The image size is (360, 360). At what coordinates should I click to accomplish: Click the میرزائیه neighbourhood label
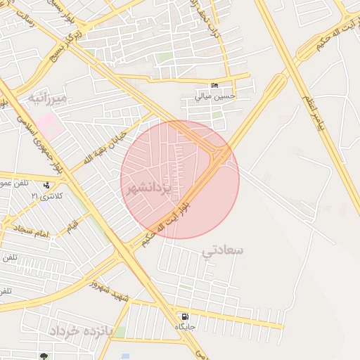pyautogui.click(x=48, y=98)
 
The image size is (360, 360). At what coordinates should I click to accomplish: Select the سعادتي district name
pyautogui.click(x=223, y=250)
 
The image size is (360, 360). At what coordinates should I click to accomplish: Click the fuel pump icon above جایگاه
pyautogui.click(x=185, y=317)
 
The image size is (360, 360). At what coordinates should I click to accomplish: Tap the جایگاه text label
pyautogui.click(x=185, y=327)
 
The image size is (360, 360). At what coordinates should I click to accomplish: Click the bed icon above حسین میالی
pyautogui.click(x=214, y=86)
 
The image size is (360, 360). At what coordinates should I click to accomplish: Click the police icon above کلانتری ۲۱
pyautogui.click(x=46, y=186)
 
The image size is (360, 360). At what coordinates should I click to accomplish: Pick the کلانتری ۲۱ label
pyautogui.click(x=47, y=195)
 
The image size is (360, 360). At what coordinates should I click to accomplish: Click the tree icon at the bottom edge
pyautogui.click(x=44, y=356)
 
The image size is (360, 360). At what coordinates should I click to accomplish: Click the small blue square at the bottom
pyautogui.click(x=125, y=356)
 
